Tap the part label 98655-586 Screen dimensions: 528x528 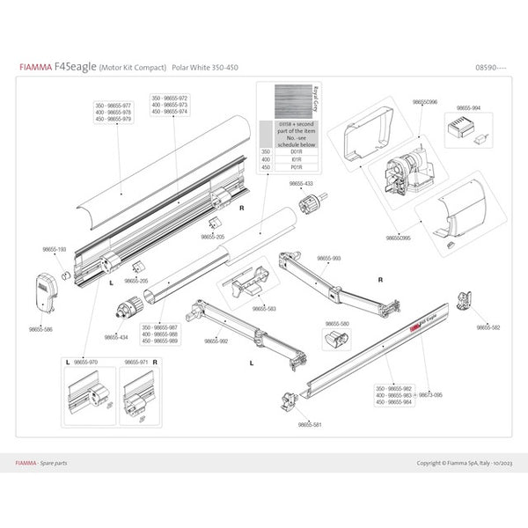pyautogui.click(x=42, y=329)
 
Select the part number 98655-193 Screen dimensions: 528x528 pyautogui.click(x=55, y=250)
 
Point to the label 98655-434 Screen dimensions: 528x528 pyautogui.click(x=116, y=336)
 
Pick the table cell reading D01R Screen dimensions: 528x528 pyautogui.click(x=297, y=152)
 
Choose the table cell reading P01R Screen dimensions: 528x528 pyautogui.click(x=297, y=168)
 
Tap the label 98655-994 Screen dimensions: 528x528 pyautogui.click(x=468, y=108)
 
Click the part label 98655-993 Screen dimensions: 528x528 pyautogui.click(x=328, y=258)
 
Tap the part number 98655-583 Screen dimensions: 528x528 pyautogui.click(x=263, y=309)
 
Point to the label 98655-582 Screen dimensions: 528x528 pyautogui.click(x=488, y=326)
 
